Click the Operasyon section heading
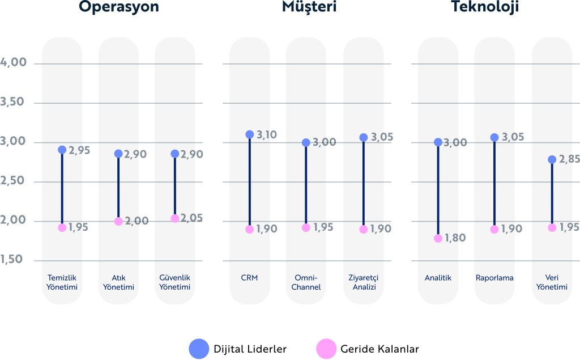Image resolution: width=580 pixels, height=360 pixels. click(x=118, y=7)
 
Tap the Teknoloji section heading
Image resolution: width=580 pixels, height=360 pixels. click(x=485, y=7)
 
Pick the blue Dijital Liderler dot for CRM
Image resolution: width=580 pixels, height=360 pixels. click(x=249, y=134)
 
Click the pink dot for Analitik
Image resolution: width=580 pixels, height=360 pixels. click(x=438, y=238)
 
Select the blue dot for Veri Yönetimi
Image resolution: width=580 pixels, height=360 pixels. click(x=552, y=159)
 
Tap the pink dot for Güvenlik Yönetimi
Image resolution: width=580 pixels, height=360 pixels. click(x=174, y=218)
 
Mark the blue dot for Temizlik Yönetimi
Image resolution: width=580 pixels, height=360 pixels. click(x=62, y=150)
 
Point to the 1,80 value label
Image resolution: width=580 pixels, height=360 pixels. click(x=454, y=238)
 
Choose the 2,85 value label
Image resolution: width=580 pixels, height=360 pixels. click(x=568, y=159)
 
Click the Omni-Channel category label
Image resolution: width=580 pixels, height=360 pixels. click(x=306, y=282)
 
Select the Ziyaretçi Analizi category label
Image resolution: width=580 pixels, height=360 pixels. click(x=363, y=282)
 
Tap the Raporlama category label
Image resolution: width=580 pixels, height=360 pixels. click(x=494, y=278)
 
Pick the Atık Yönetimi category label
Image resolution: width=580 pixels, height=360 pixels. click(x=118, y=282)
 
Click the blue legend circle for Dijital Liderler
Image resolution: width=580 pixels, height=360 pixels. click(x=199, y=348)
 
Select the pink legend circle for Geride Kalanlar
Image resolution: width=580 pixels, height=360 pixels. click(x=326, y=348)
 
